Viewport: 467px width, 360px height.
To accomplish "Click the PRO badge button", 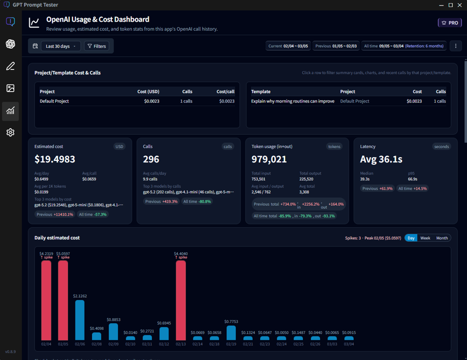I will (x=449, y=23).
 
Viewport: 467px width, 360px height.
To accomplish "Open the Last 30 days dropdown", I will (x=60, y=46).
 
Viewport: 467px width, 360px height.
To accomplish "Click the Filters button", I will (x=97, y=46).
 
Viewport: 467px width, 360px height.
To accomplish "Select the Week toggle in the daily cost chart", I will (x=425, y=238).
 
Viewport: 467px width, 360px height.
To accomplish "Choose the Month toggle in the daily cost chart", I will (x=442, y=238).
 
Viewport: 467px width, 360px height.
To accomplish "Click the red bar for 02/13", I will (x=181, y=300).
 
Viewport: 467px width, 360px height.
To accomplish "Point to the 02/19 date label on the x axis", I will (x=231, y=344).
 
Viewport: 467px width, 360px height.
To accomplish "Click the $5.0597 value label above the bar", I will (x=63, y=253).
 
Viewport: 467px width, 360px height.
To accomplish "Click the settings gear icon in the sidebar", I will (x=11, y=132).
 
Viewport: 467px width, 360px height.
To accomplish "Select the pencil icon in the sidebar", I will (x=11, y=66).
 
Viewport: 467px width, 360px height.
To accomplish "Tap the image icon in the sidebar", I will (x=11, y=88).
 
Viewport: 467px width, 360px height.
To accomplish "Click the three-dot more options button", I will (x=455, y=46).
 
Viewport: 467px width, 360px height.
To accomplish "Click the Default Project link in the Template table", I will (x=354, y=101).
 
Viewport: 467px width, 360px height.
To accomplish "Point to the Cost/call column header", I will (x=225, y=92).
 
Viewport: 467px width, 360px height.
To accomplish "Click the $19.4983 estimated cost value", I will (x=55, y=159).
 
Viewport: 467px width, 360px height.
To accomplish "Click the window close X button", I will (x=460, y=5).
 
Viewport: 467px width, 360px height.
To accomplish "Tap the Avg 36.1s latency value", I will (x=381, y=159).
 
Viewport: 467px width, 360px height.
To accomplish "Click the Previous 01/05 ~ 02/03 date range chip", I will (x=336, y=46).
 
